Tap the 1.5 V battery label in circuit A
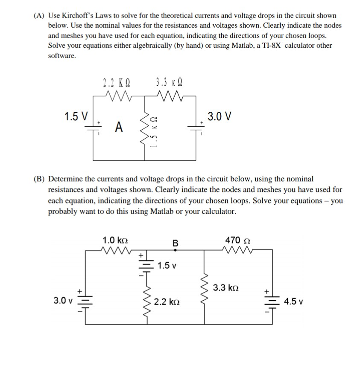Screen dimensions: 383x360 (76, 116)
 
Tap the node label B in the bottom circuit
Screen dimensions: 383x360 (175, 244)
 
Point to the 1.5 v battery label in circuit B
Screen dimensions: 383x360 (167, 266)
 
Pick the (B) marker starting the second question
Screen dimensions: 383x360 (39, 179)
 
